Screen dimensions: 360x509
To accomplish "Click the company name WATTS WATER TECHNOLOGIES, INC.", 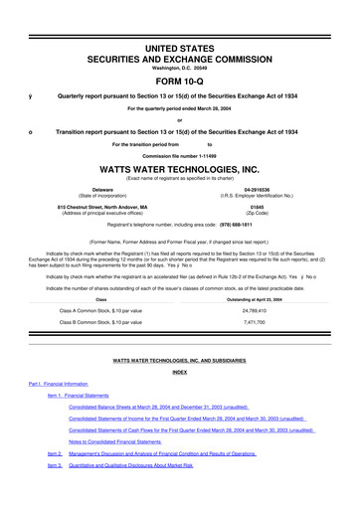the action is point(179,168).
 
